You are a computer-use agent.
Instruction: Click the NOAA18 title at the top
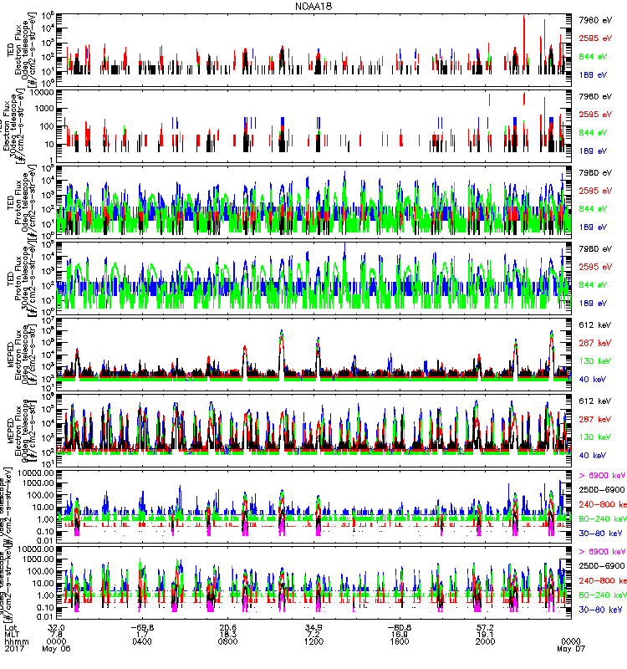coord(313,6)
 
